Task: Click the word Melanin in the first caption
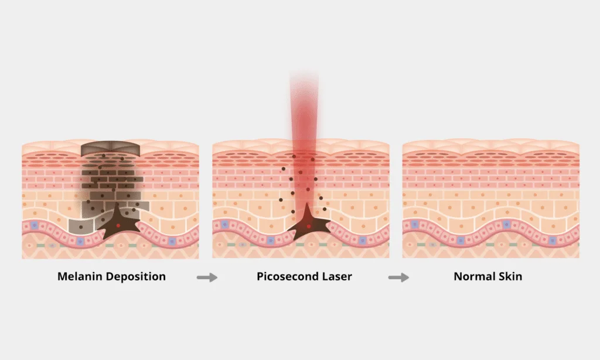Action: [x=79, y=276]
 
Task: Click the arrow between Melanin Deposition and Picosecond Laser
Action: [x=207, y=277]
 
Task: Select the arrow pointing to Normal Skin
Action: [x=398, y=277]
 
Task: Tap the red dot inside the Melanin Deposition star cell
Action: [x=119, y=225]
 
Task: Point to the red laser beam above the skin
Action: [x=304, y=106]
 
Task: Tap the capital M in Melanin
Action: [x=62, y=276]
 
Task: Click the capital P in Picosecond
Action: [x=260, y=276]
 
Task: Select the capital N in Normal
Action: [x=458, y=276]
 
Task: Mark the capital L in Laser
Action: [x=325, y=276]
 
